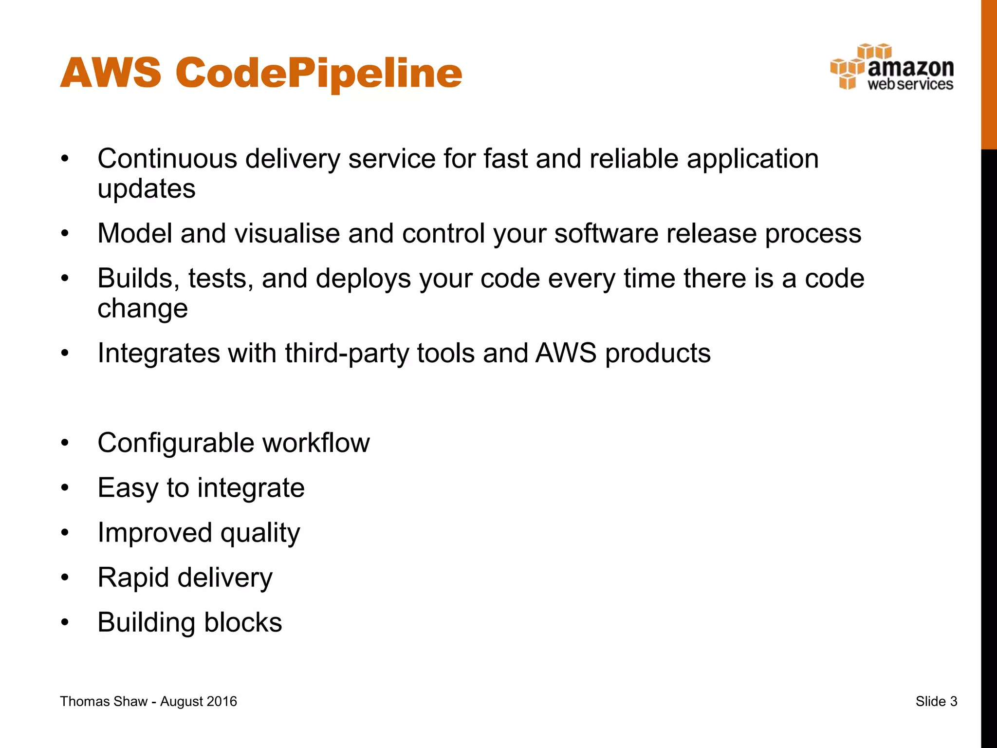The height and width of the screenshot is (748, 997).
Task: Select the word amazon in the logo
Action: pos(910,67)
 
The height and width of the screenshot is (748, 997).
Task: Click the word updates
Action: pos(146,189)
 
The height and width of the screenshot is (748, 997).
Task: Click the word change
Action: pos(142,309)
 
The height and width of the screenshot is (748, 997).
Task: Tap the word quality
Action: pos(260,533)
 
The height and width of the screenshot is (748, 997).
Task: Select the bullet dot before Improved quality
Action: pos(65,533)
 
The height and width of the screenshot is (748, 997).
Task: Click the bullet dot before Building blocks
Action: pos(65,623)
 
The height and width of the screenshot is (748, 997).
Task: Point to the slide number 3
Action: pos(953,701)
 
